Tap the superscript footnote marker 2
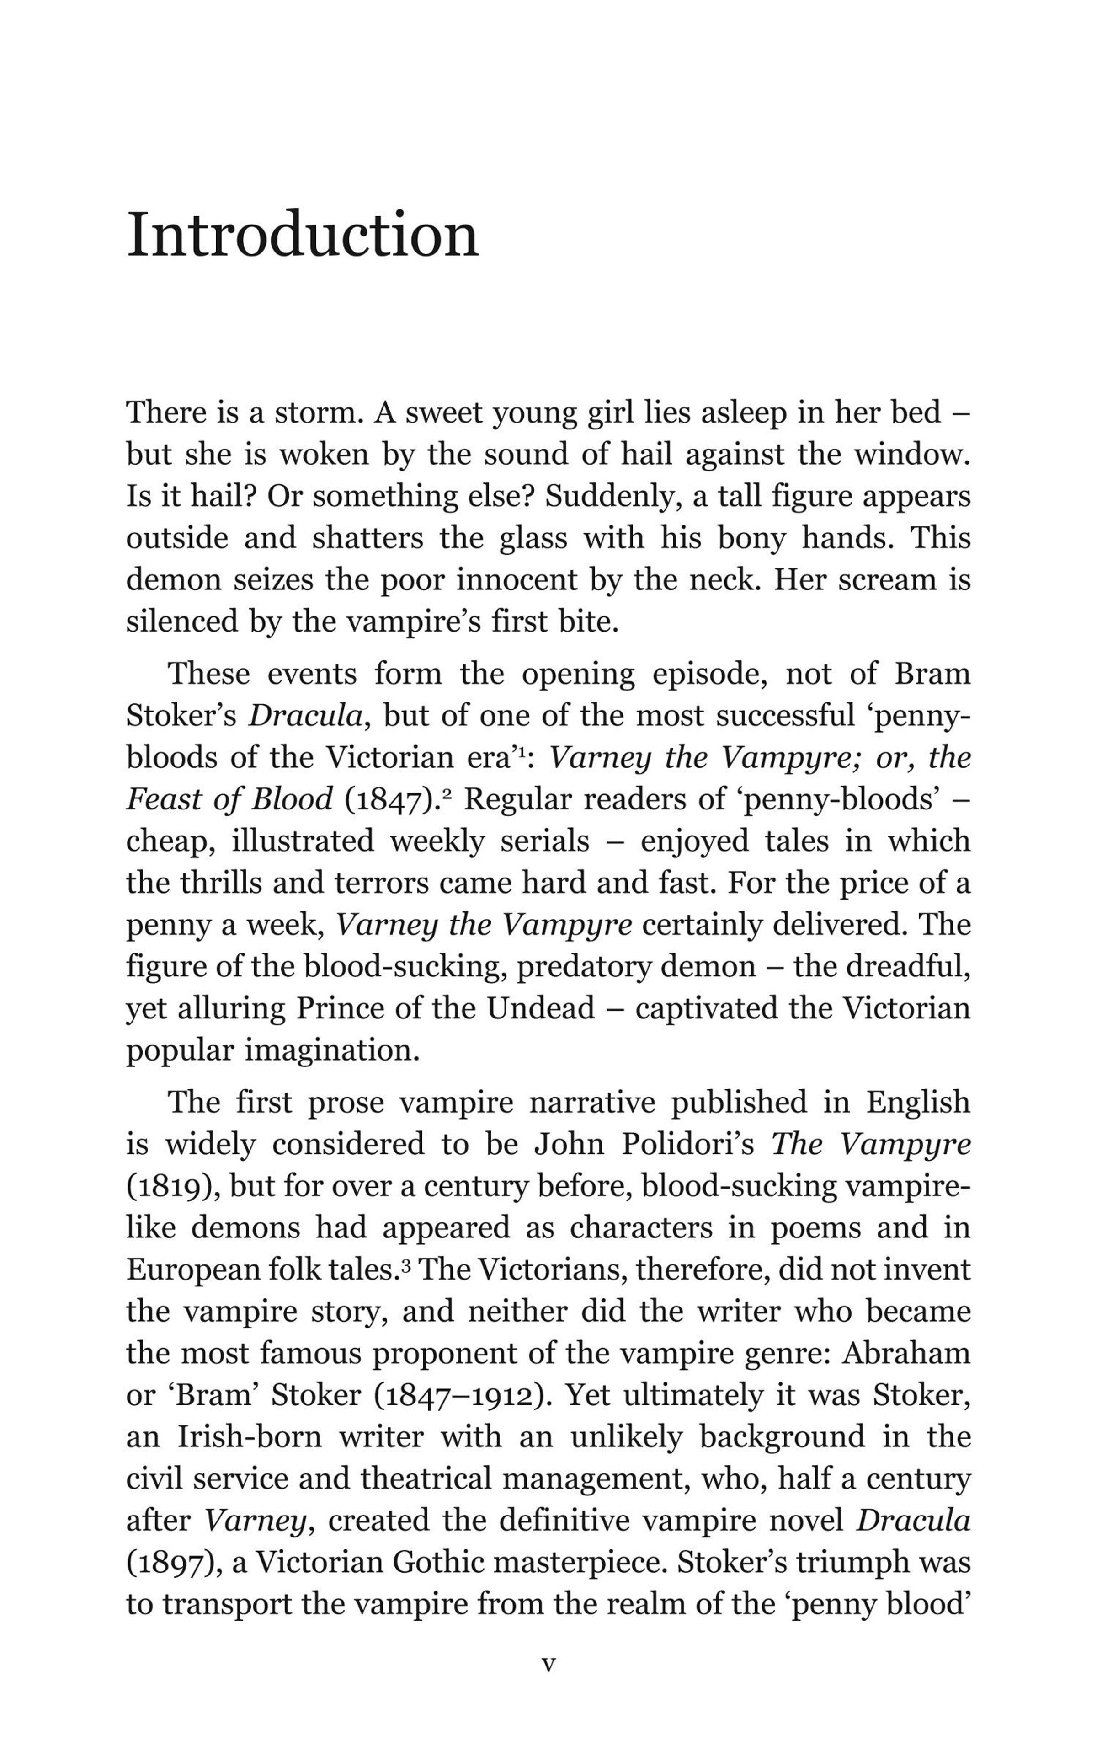coord(447,793)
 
